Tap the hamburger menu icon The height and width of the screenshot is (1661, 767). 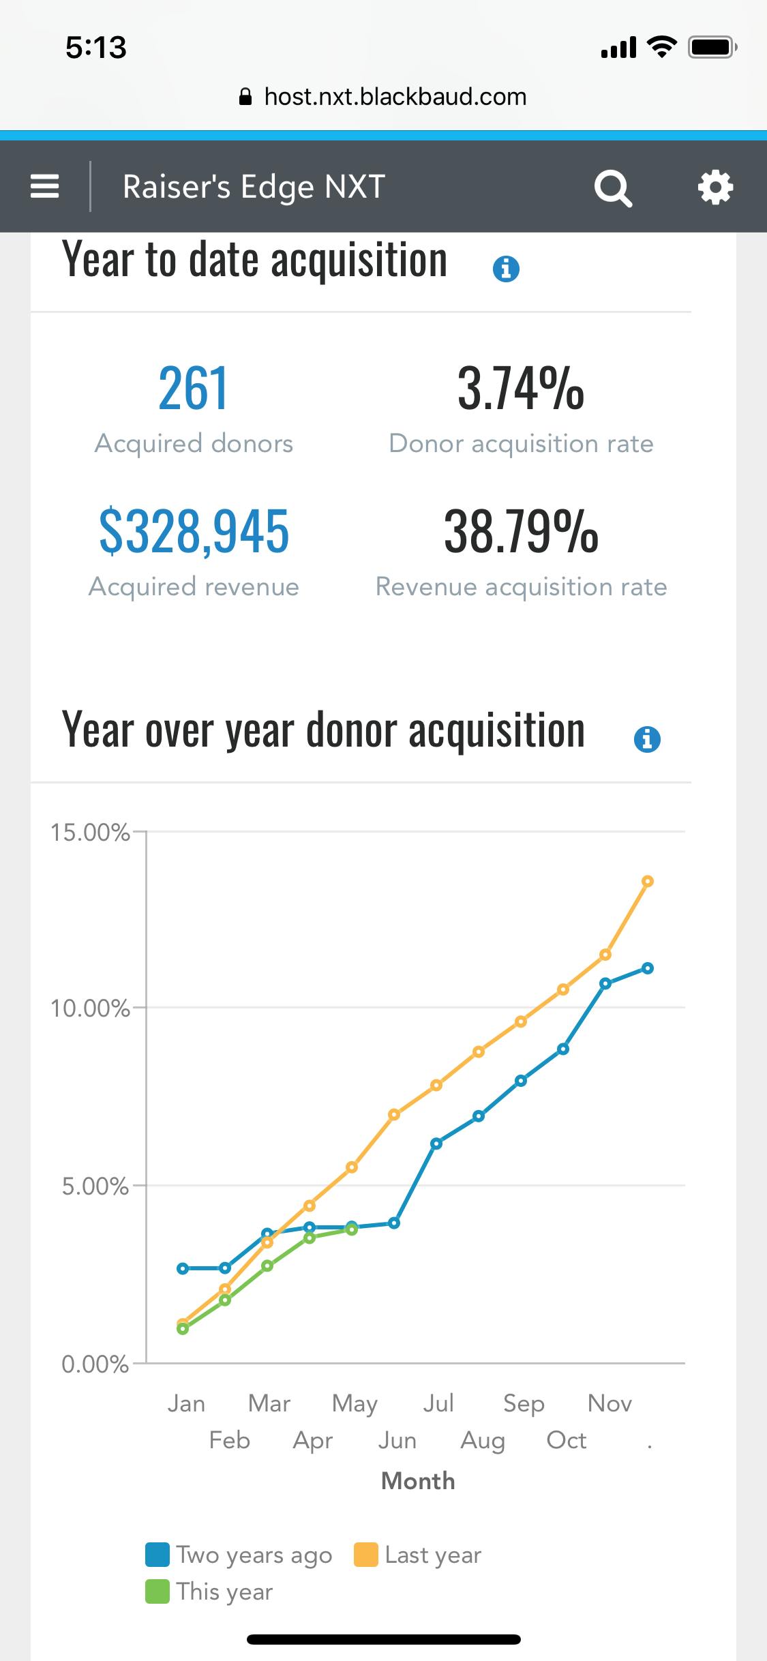point(45,186)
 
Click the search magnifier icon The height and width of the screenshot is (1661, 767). point(613,188)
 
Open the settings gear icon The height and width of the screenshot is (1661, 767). point(715,187)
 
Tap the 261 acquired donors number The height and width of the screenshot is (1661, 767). point(194,389)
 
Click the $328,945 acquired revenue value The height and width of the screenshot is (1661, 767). point(194,532)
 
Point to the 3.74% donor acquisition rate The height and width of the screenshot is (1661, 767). point(521,389)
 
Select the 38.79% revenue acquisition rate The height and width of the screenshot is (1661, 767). point(521,532)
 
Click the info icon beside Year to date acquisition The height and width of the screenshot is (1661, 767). point(506,269)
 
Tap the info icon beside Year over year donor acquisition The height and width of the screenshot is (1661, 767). point(647,739)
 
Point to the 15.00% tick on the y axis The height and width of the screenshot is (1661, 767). point(90,833)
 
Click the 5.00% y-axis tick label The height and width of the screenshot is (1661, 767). point(95,1186)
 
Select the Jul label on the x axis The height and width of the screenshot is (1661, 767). point(438,1403)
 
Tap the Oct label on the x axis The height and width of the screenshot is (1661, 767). point(567,1440)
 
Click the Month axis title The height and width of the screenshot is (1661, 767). point(418,1481)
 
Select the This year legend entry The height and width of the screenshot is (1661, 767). point(210,1591)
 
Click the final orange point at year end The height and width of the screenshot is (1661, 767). point(648,882)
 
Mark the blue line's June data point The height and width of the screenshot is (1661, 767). point(394,1223)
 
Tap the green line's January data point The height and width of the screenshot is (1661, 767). point(183,1328)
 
